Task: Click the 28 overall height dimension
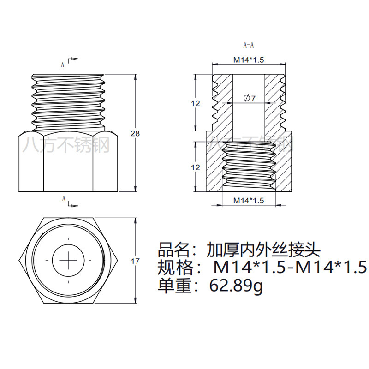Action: coord(135,133)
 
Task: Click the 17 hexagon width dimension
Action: coord(135,261)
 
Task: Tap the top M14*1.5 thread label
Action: coord(248,60)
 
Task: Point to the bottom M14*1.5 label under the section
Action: coord(248,200)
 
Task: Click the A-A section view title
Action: coord(248,45)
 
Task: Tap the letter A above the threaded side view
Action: coord(63,65)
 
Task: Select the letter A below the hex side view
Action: coord(64,199)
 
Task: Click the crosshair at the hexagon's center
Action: coord(68,260)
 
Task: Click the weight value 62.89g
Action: coord(236,286)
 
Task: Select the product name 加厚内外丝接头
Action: coord(263,250)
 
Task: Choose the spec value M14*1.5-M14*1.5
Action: coord(290,268)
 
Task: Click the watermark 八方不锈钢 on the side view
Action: coord(68,145)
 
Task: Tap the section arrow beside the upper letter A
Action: coord(73,59)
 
